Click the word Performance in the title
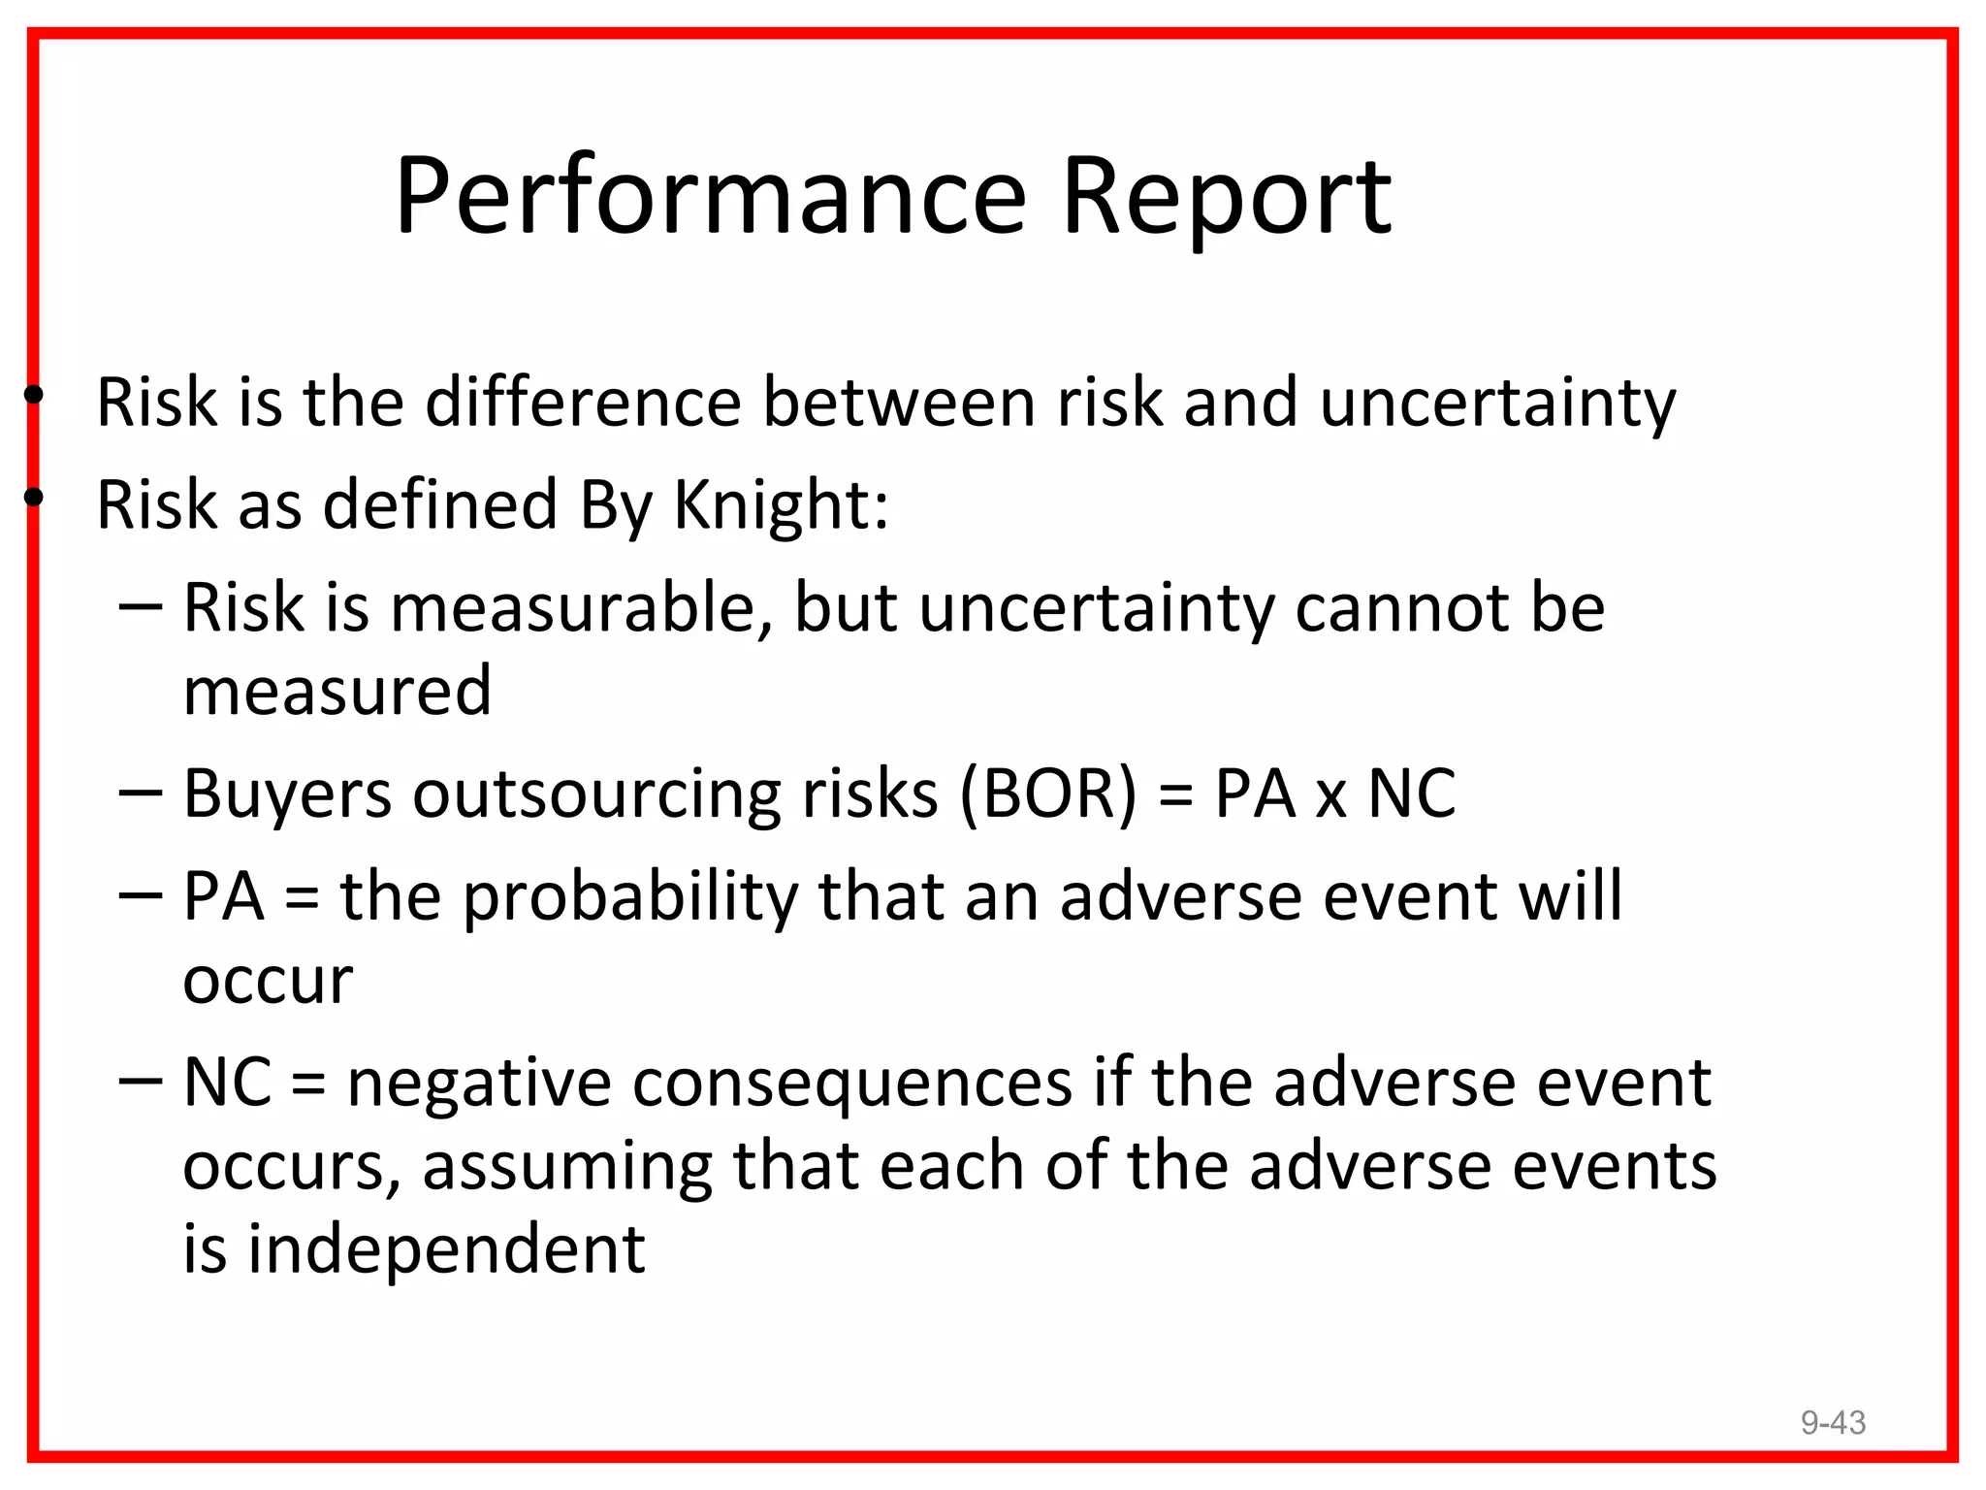tap(710, 199)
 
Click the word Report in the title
tap(1227, 199)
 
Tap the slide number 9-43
tap(1832, 1422)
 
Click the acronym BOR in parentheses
tap(1047, 794)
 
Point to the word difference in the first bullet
tap(583, 402)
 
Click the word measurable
tap(573, 608)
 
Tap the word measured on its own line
tap(337, 691)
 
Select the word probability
tap(629, 896)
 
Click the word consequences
tap(852, 1083)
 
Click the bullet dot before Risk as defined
tap(34, 498)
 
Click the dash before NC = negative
tap(140, 1081)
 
